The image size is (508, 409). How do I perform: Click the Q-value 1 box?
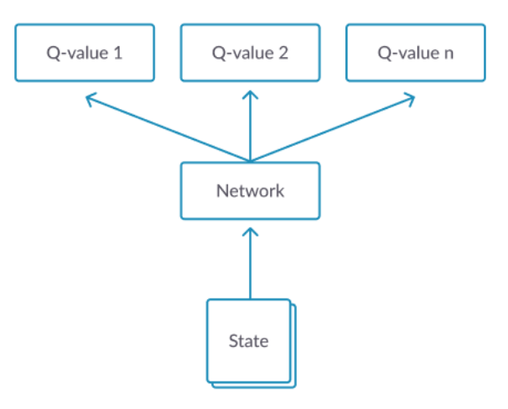coord(85,53)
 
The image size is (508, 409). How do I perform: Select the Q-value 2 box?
coord(251,53)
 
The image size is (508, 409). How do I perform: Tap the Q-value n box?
coord(416,53)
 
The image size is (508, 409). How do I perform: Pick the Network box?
coord(251,191)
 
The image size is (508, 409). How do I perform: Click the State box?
coord(248,340)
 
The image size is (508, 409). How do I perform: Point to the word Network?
coord(250,191)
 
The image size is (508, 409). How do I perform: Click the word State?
coord(248,341)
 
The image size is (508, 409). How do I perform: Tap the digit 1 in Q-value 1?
coord(118,53)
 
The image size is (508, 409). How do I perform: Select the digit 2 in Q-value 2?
coord(283,53)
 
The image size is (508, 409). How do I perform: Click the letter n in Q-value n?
coord(448,54)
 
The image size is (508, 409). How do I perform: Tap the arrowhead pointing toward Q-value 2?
coord(251,95)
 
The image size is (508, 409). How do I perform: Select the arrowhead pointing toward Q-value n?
coord(409,100)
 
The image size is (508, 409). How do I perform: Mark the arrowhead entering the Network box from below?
coord(251,232)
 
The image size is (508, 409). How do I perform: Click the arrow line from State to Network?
coord(251,263)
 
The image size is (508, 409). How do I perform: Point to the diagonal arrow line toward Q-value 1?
coord(168,128)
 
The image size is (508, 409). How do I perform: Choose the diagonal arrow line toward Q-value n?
coord(333,128)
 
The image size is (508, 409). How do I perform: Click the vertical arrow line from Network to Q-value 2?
coord(251,126)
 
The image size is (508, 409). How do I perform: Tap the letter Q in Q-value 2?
coord(218,54)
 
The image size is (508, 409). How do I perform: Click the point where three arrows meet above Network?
coord(251,161)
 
